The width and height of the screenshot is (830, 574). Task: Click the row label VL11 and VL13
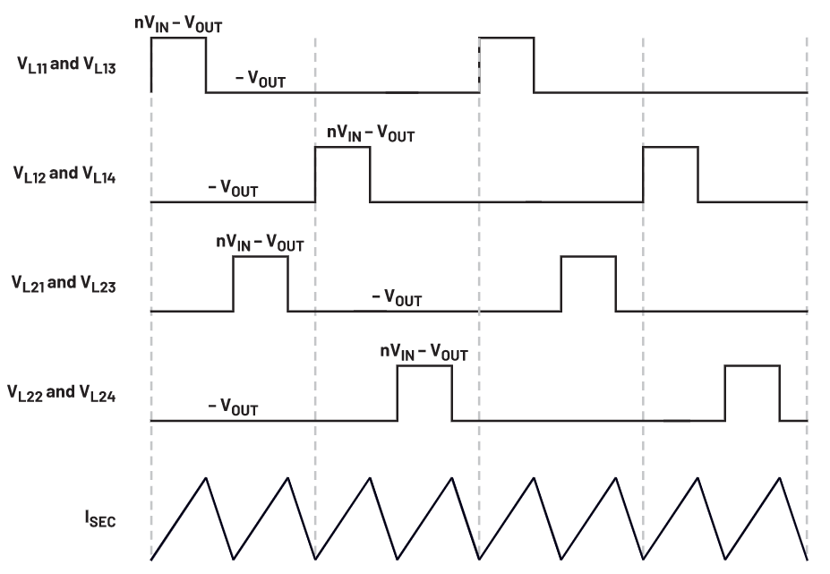[x=66, y=65]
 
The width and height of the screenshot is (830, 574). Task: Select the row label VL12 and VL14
[x=64, y=175]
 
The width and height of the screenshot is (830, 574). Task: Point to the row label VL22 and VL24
[x=62, y=393]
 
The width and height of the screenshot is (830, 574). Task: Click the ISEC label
[x=100, y=518]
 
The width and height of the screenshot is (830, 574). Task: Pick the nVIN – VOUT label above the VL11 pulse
[x=178, y=24]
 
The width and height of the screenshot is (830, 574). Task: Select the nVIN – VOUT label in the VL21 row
[x=260, y=243]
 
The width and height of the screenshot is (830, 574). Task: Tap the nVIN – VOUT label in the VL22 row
[x=424, y=352]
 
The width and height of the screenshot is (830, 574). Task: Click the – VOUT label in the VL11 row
[x=261, y=80]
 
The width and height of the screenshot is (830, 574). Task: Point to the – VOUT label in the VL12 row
[x=233, y=189]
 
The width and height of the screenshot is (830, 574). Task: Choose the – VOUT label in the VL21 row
[x=397, y=297]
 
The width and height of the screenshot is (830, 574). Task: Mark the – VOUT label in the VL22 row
[x=233, y=407]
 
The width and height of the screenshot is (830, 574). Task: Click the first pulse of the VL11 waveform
[x=178, y=38]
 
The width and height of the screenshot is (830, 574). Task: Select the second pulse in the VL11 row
[x=507, y=38]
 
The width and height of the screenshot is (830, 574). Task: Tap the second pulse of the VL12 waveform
[x=671, y=147]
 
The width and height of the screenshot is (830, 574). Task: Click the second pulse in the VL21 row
[x=588, y=256]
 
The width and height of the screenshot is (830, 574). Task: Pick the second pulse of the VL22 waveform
[x=752, y=366]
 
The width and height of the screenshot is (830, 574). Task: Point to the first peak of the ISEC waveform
[x=206, y=477]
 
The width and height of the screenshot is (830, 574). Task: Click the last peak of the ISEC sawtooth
[x=780, y=477]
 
